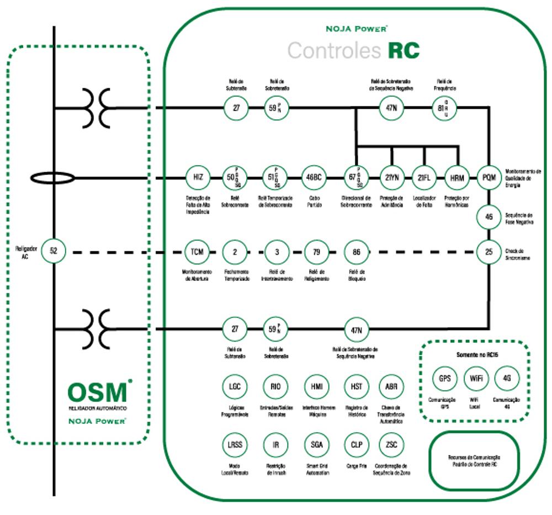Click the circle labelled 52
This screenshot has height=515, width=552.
pos(54,251)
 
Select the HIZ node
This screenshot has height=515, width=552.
pos(198,178)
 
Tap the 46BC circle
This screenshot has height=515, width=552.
pos(314,178)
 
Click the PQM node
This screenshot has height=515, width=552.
pos(489,178)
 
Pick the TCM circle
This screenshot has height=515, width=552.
pos(197,252)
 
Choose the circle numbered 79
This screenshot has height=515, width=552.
pos(316,252)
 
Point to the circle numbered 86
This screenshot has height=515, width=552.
pos(356,252)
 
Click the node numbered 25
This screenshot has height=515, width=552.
pos(489,252)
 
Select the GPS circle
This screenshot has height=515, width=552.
pos(444,379)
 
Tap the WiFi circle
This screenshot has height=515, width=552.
pos(475,379)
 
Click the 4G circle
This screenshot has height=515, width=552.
pos(506,379)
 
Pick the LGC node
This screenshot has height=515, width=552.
pos(234,386)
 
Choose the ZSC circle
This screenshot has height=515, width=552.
pos(391,444)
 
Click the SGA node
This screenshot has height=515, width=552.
pos(316,444)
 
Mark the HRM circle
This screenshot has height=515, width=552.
pos(457,178)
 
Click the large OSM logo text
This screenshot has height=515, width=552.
pos(98,392)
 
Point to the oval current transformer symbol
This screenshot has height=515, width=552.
pos(53,178)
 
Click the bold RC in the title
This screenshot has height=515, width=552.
pos(404,50)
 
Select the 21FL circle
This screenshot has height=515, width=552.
pos(424,178)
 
